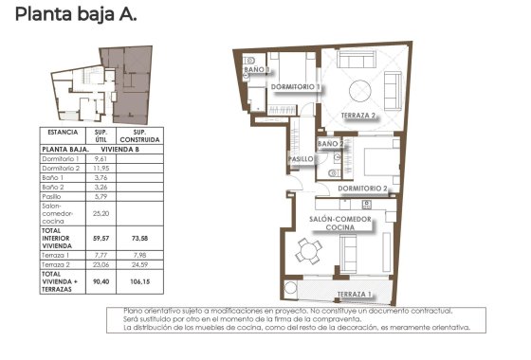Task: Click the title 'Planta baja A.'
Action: pos(76,14)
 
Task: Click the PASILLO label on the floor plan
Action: pos(302,159)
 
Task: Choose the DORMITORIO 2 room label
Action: pos(362,189)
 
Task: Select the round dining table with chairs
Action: pos(306,252)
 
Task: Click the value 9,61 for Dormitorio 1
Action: pos(100,159)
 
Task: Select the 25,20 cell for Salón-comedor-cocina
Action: pos(100,214)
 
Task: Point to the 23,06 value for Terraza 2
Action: pos(100,265)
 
